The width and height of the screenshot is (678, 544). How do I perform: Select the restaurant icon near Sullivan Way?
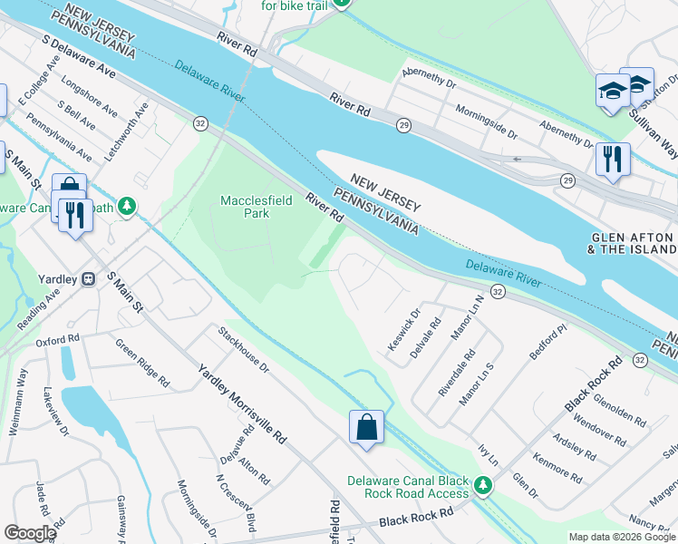pyautogui.click(x=613, y=160)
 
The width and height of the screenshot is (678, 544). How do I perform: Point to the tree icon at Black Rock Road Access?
pyautogui.click(x=484, y=486)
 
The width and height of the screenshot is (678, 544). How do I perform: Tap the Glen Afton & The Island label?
pyautogui.click(x=631, y=241)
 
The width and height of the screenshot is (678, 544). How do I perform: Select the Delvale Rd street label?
pyautogui.click(x=425, y=336)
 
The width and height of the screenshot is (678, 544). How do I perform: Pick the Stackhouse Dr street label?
pyautogui.click(x=244, y=350)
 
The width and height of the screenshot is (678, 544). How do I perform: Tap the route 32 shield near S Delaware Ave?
pyautogui.click(x=199, y=122)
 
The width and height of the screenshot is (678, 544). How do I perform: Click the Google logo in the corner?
pyautogui.click(x=29, y=533)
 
